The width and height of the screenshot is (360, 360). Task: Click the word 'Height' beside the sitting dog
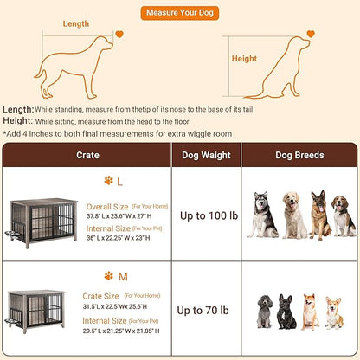click(x=244, y=59)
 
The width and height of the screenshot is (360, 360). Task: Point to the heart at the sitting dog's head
click(x=311, y=35)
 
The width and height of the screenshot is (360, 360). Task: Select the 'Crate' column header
click(x=87, y=155)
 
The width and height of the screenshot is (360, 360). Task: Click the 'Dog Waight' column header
click(x=206, y=155)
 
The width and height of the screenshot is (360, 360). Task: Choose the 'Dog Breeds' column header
click(x=299, y=155)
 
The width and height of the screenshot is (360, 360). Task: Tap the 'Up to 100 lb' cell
click(x=206, y=215)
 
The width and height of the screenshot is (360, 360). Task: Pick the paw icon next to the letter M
click(x=109, y=276)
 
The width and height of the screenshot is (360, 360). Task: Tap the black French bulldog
click(x=287, y=312)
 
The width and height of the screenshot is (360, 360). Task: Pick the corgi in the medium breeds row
click(x=332, y=312)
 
